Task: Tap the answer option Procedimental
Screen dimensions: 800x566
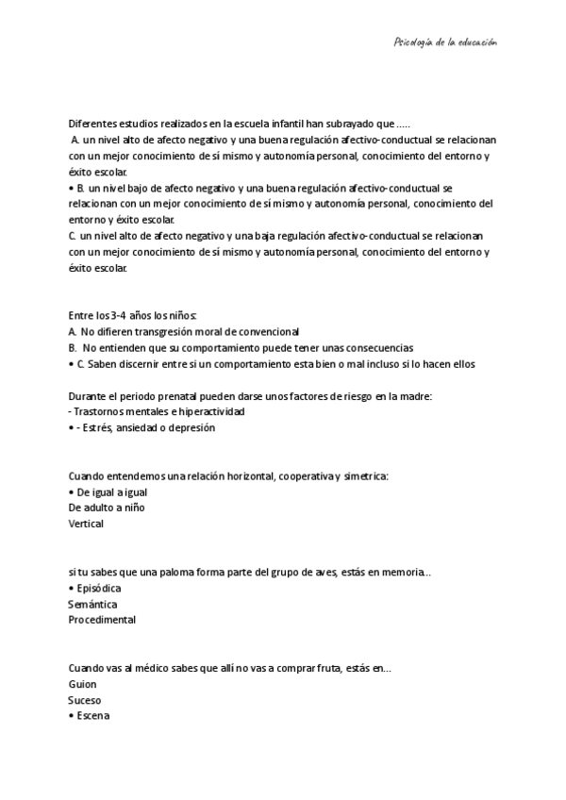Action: (102, 620)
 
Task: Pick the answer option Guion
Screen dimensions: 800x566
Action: (83, 684)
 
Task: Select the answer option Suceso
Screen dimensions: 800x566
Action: (85, 700)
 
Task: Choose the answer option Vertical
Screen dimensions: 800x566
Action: (86, 524)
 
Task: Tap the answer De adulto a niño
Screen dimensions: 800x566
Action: (107, 508)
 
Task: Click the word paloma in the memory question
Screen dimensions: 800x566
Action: (154, 573)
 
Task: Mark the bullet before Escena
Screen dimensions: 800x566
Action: (72, 716)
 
